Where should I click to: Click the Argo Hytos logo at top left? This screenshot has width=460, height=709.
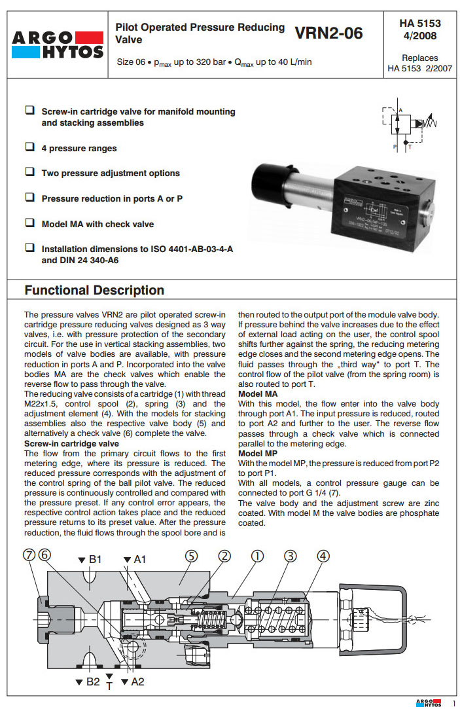pos(58,45)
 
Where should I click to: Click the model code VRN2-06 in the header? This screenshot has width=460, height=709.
pos(328,33)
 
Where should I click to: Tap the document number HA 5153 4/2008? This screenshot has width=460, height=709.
pos(420,29)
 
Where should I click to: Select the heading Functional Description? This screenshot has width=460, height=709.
pos(94,290)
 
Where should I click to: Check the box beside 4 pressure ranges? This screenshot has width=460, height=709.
pos(29,147)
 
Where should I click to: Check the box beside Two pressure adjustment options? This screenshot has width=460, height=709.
pos(29,172)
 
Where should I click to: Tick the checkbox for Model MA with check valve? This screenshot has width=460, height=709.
pos(29,223)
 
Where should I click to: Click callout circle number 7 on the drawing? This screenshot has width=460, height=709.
pos(28,555)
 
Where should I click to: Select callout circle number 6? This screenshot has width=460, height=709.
pos(44,555)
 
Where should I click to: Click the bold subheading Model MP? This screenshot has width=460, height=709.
pos(258,453)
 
